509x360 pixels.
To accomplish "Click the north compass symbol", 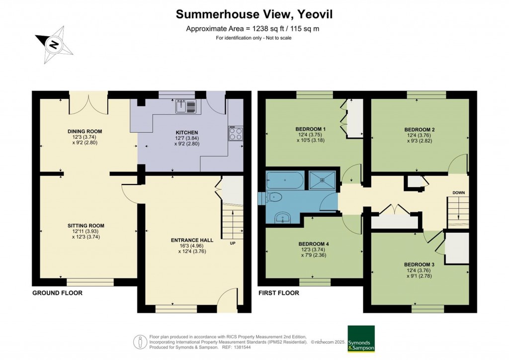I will pos(54,44).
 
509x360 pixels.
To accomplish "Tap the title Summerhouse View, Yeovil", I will pos(254,14).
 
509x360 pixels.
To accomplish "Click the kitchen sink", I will pos(186,105).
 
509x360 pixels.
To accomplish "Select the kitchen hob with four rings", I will pos(236,133).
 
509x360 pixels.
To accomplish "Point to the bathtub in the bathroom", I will pos(284,180).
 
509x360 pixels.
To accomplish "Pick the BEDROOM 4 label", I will pos(314,244).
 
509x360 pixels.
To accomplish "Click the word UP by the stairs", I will pos(233,244).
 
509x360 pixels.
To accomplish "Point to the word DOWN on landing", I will pos(458,192).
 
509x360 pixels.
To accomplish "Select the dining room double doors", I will pos(88,103).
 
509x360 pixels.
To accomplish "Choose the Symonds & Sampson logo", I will pos(361,339).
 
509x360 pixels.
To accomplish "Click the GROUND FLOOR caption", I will pos(57,293).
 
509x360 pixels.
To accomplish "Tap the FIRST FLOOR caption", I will pos(278,293).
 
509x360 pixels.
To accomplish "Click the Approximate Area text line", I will pos(253,28).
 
